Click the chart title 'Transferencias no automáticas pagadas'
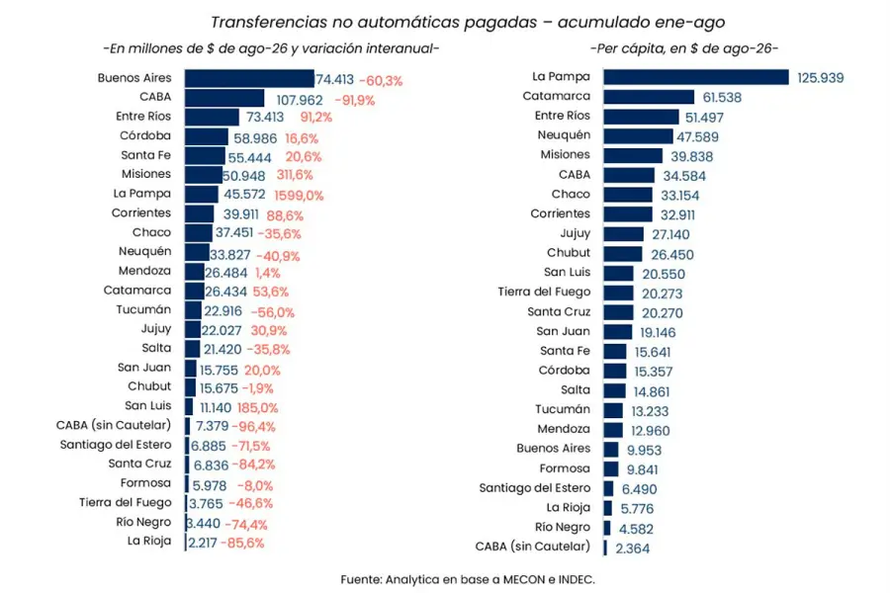374,22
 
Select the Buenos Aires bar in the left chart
249,78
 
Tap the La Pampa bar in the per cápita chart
696,77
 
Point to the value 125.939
820,78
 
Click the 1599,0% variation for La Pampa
299,196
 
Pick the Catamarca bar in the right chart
649,97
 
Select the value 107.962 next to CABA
299,101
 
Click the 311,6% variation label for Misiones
295,175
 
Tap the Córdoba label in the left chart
145,135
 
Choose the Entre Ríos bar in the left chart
212,117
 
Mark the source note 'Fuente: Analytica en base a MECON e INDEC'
468,579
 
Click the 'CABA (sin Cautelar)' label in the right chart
532,547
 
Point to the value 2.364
632,549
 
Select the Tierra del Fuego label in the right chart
544,292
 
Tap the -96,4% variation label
253,426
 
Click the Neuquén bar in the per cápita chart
638,136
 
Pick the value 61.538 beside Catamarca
722,98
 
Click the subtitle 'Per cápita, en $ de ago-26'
684,48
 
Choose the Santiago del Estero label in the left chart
116,445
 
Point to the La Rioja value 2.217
203,543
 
